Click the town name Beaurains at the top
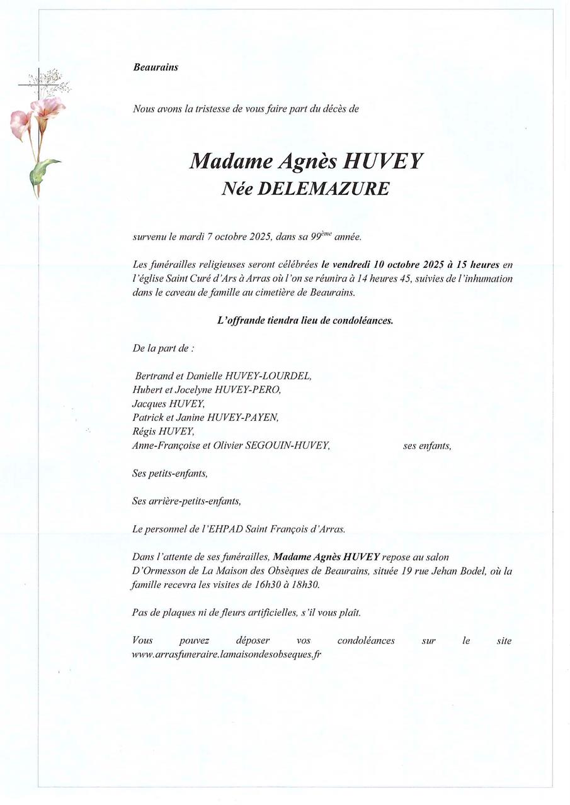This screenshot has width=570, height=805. coord(156,67)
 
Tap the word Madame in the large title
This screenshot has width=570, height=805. coord(231,162)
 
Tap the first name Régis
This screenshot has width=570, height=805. coord(145,431)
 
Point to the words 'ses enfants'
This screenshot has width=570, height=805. coord(427,446)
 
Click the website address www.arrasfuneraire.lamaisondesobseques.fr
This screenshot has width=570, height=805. coord(227,654)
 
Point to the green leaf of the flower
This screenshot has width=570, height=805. coord(44,170)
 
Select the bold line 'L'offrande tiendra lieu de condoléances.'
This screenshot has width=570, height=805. coord(305,320)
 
